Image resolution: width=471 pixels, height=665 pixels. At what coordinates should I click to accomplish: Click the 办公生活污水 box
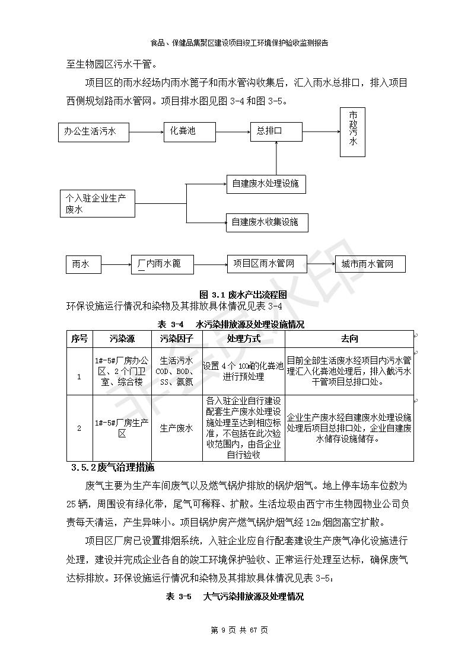pos(96,132)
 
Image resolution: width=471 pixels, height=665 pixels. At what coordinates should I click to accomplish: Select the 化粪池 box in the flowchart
pos(188,131)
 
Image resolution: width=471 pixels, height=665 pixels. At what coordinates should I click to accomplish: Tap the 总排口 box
pos(276,131)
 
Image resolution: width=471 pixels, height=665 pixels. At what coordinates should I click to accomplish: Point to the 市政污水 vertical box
pos(352,132)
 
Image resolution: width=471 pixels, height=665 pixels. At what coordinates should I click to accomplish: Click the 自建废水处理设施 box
pos(266,184)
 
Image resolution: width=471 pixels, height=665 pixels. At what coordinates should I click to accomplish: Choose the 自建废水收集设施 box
pos(265,222)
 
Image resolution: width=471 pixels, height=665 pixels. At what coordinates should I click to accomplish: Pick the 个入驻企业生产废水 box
pos(98,203)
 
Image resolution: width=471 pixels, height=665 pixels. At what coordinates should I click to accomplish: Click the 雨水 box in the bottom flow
pos(83,264)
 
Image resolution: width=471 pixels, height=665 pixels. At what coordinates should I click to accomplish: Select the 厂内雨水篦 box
pos(163,264)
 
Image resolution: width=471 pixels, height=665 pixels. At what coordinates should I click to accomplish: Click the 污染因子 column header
pos(177,339)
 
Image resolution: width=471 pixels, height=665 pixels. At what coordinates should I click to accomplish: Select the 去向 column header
pos(349,339)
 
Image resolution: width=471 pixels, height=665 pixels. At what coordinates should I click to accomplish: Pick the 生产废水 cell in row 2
pos(177,429)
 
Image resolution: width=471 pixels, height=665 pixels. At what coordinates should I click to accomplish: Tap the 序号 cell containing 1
pos(79,376)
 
